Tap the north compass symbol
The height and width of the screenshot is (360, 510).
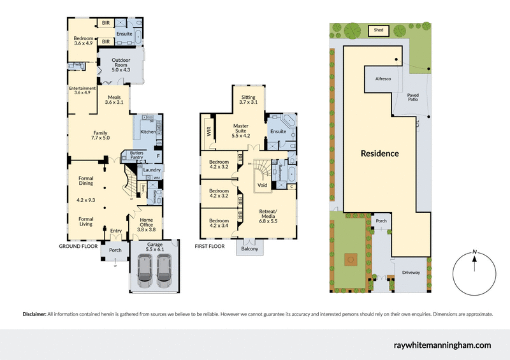point(474,272)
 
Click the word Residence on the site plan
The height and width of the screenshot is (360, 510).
point(379,153)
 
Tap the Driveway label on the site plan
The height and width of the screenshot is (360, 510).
point(411,273)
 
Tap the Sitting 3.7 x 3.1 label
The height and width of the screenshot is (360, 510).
point(249,99)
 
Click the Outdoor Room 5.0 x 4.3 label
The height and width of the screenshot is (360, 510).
point(120,66)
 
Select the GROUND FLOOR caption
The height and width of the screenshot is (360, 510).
point(78,245)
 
